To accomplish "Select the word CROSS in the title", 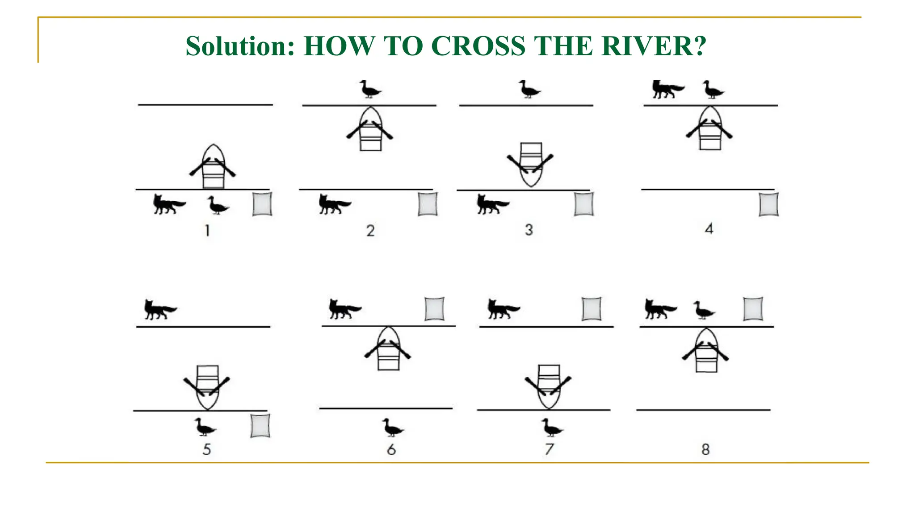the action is [478, 46].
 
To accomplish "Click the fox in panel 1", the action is [169, 204].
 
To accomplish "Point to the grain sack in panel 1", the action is [262, 204].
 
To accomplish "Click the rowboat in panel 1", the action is [213, 166].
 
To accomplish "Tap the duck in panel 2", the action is [370, 89].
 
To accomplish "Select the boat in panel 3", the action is [530, 164].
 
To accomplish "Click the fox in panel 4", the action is [667, 89].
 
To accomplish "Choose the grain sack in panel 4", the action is [768, 204].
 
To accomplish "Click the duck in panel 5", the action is [205, 427].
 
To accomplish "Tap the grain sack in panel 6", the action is [434, 309].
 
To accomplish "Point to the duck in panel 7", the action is [552, 427].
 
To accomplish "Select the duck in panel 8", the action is [704, 310].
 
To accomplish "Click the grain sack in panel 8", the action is [753, 309].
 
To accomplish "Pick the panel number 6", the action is [391, 449].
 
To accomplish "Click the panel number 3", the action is [529, 230].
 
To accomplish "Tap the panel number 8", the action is [705, 449].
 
